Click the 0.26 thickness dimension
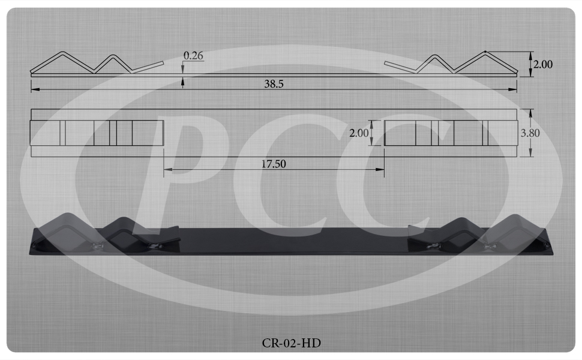[193, 56]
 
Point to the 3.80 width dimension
[530, 133]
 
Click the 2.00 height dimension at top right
[542, 64]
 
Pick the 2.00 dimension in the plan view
[359, 133]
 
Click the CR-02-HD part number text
[292, 343]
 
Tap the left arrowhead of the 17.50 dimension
[167, 170]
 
